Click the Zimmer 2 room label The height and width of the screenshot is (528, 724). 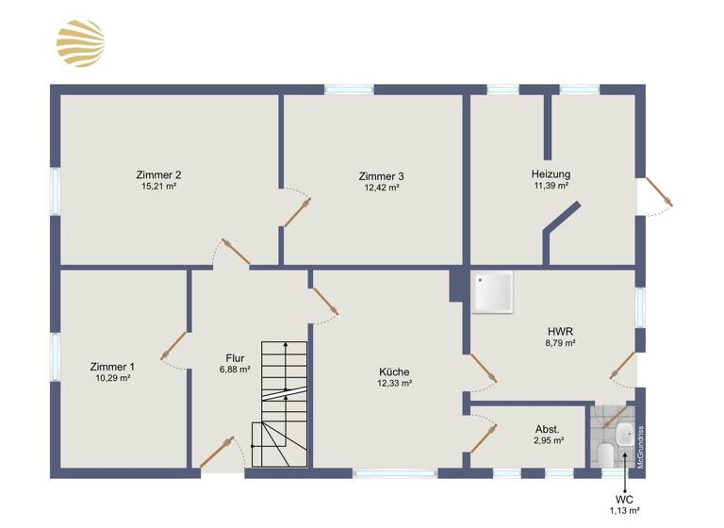[x=158, y=174]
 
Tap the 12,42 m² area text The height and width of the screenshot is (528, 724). [x=382, y=188]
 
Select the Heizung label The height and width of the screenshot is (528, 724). [x=551, y=173]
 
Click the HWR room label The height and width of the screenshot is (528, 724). [x=561, y=331]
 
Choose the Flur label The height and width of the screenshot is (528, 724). [x=236, y=357]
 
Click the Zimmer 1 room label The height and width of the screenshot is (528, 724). [x=112, y=366]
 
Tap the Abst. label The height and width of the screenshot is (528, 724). [x=547, y=428]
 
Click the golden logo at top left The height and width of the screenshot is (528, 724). [x=80, y=44]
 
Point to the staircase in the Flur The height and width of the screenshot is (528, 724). [x=280, y=396]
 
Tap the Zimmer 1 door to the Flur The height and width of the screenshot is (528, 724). [x=173, y=347]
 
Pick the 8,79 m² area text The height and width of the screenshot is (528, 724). [x=561, y=344]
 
